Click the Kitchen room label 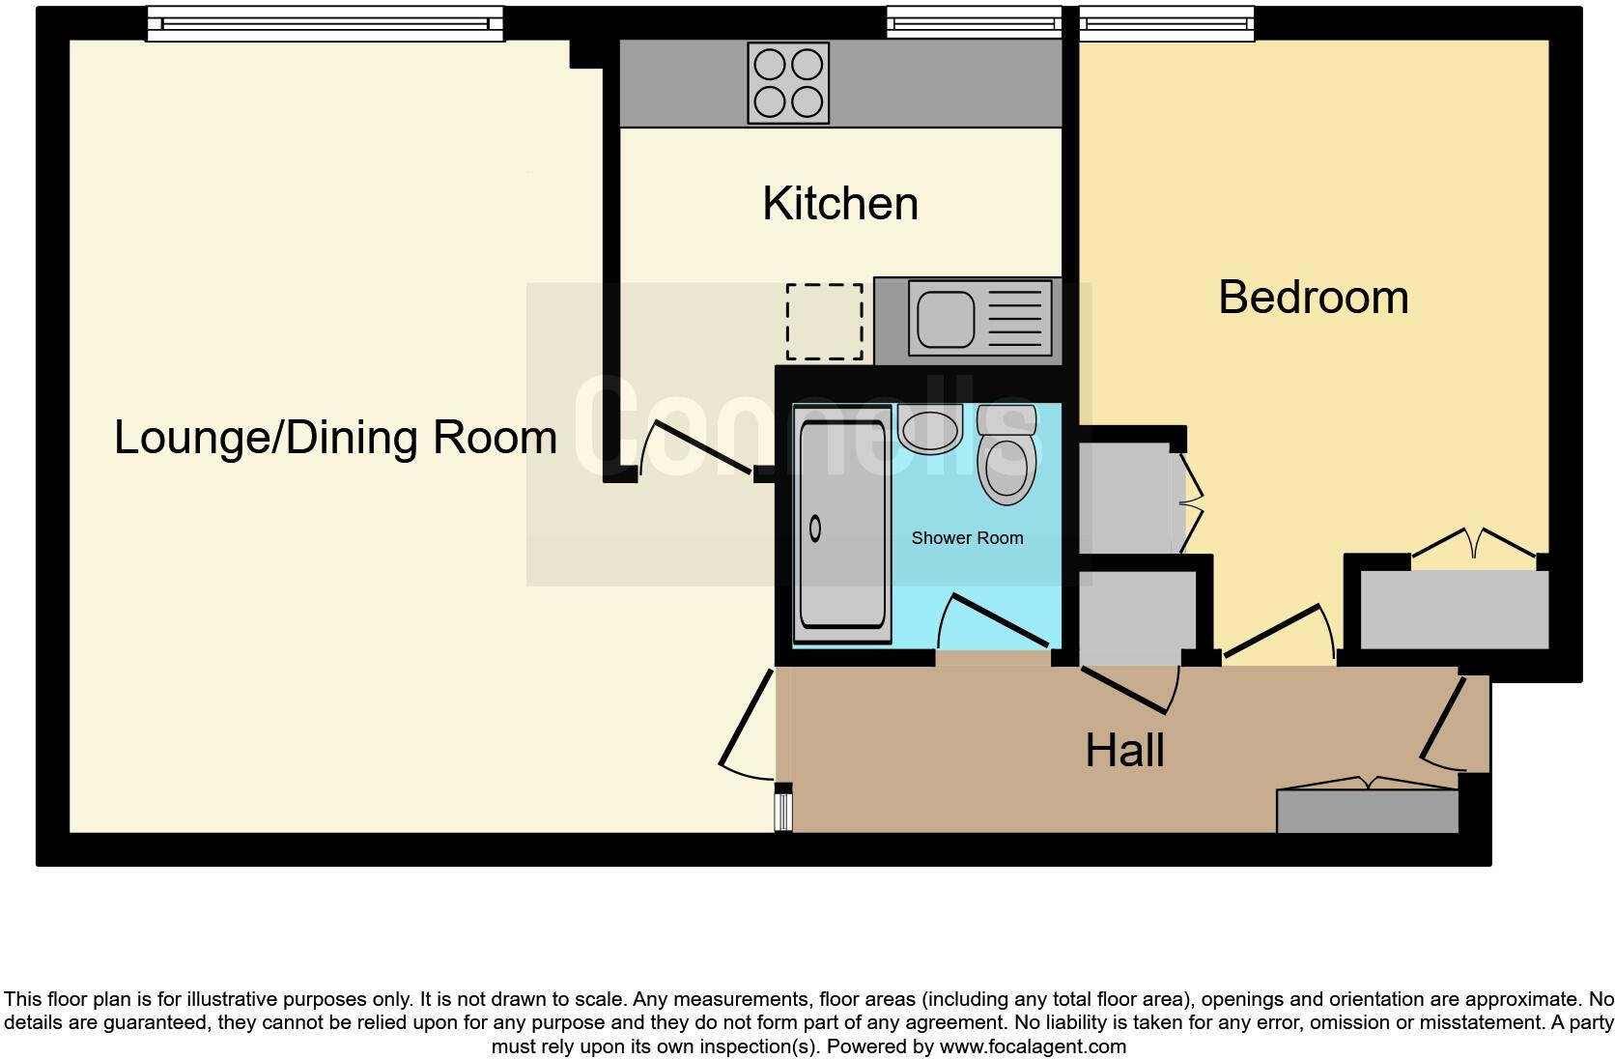click(x=839, y=204)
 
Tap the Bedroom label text click(x=1313, y=297)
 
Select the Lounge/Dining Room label click(x=335, y=437)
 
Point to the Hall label click(x=1124, y=751)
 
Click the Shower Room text click(x=967, y=538)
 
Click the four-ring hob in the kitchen click(x=788, y=83)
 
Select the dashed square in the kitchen click(x=824, y=321)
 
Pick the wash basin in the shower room click(x=929, y=427)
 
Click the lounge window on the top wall click(x=325, y=23)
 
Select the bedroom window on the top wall click(x=1166, y=23)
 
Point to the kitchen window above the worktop click(x=973, y=23)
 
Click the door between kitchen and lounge click(x=695, y=447)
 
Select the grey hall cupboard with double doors click(x=1367, y=810)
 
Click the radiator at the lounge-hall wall click(x=783, y=807)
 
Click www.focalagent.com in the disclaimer click(x=1033, y=1046)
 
